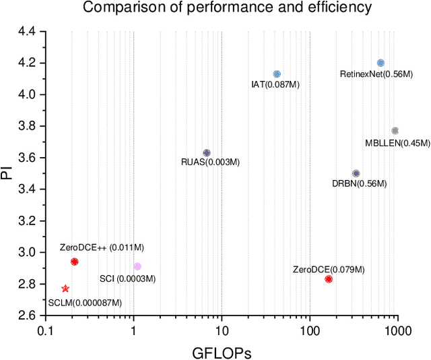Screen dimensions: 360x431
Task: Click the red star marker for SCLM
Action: (x=65, y=289)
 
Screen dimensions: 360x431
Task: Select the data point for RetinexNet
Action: (x=380, y=63)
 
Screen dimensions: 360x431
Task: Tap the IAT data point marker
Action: (x=277, y=74)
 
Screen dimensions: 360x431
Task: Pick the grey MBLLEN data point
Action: (x=395, y=131)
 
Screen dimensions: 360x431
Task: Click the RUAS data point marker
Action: (x=207, y=153)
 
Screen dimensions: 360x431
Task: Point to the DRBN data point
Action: (x=356, y=173)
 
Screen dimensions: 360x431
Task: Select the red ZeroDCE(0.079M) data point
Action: (x=329, y=279)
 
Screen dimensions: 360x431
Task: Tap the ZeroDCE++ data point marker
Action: (x=75, y=262)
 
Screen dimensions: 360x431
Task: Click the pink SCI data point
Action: (x=137, y=267)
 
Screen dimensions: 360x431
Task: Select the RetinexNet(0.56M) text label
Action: (x=376, y=74)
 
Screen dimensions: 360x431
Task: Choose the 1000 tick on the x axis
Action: (x=397, y=330)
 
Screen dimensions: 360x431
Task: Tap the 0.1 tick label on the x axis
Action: (x=46, y=330)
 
